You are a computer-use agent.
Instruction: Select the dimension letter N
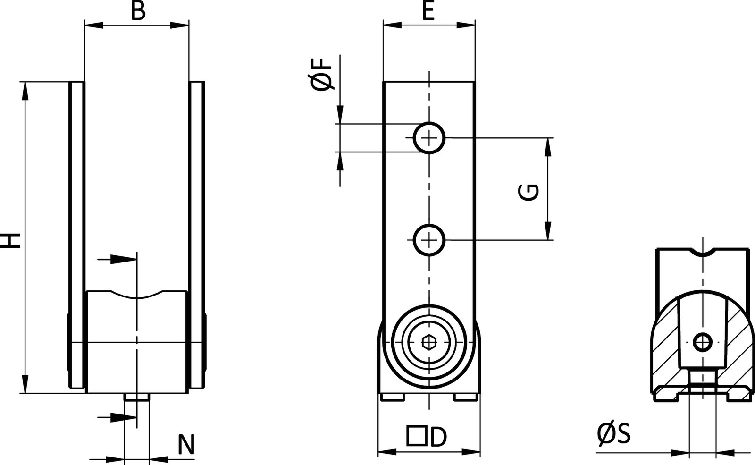pos(186,445)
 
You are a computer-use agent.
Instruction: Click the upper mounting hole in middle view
pos(429,138)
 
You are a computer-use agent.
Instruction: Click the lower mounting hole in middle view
pos(429,240)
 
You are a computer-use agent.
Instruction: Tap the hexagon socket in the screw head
pos(429,342)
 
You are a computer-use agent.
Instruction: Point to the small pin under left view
pos(137,397)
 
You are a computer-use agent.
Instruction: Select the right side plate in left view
pos(197,236)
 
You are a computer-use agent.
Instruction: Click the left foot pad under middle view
pos(392,397)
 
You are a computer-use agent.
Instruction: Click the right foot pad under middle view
pos(466,397)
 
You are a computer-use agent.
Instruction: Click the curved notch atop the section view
pos(703,253)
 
